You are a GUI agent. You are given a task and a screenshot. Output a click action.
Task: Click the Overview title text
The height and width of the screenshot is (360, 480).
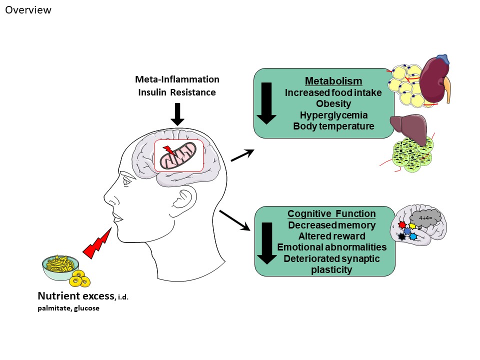[28, 10]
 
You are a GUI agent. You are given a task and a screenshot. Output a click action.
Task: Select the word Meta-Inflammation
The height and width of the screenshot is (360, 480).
[177, 79]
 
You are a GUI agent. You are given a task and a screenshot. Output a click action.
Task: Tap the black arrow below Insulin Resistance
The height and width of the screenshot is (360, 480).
[177, 114]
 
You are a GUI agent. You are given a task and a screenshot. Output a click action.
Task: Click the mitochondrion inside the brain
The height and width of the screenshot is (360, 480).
[178, 155]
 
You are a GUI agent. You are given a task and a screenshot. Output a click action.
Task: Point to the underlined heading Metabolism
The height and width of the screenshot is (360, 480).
[327, 81]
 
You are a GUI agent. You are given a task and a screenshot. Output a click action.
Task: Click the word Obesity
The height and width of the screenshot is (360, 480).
[333, 104]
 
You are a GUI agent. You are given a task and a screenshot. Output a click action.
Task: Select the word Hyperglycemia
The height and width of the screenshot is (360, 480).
[333, 115]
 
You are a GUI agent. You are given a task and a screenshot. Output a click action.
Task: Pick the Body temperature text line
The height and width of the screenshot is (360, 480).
[333, 126]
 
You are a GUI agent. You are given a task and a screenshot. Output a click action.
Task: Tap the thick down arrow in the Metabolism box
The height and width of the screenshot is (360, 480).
[266, 103]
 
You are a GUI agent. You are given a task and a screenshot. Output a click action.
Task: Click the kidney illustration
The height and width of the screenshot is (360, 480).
[434, 79]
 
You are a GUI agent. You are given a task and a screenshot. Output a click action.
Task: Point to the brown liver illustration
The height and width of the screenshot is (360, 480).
[408, 129]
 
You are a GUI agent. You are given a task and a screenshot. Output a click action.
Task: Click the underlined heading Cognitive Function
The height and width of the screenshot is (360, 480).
[331, 214]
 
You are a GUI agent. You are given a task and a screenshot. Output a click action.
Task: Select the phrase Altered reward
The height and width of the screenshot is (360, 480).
[331, 236]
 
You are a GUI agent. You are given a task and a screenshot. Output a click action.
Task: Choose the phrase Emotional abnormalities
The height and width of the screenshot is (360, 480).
[331, 247]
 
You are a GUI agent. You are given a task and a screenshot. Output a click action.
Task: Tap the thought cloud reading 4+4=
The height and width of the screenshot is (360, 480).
[426, 218]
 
